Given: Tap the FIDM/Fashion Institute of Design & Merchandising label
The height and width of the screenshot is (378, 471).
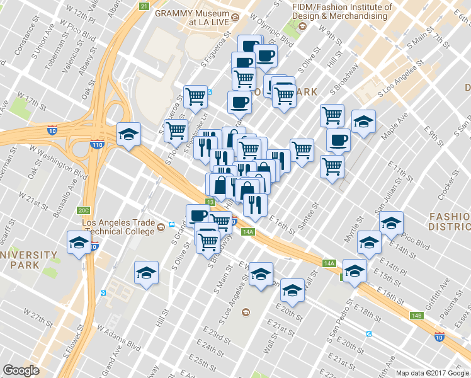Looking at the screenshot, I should [342, 12].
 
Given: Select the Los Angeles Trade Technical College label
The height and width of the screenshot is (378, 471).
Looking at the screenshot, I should [118, 227].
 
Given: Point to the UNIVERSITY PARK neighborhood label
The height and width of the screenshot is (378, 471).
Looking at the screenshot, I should [28, 260].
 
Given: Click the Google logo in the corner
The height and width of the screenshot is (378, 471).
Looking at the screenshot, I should [21, 370].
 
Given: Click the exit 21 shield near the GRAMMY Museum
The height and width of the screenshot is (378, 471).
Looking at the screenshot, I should [144, 6].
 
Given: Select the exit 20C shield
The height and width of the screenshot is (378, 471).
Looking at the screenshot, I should [84, 210].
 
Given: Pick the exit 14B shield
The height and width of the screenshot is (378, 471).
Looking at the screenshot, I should [416, 316].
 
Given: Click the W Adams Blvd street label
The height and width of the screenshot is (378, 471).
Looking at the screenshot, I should [118, 338].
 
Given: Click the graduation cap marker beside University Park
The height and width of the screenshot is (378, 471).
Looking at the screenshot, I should [77, 243].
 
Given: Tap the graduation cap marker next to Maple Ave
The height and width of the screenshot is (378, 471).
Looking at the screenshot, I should [363, 122].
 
